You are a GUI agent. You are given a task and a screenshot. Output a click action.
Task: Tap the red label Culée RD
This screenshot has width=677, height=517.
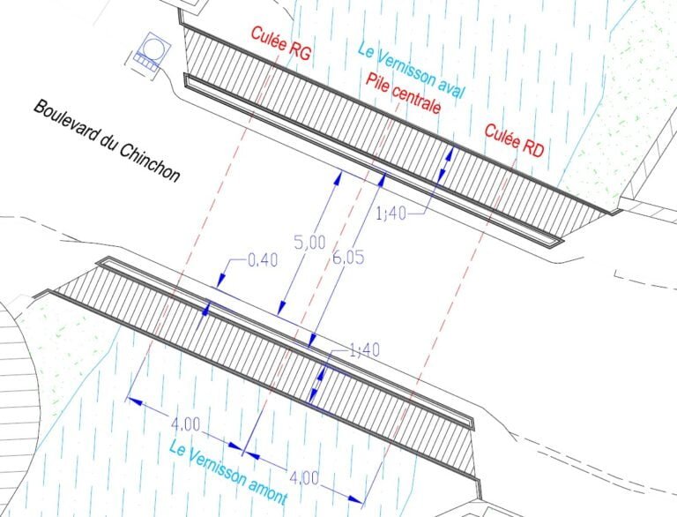[514, 140]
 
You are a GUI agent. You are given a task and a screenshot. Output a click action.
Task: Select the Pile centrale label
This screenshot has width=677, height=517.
[403, 94]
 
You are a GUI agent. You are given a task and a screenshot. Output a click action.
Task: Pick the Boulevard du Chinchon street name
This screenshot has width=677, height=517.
[106, 140]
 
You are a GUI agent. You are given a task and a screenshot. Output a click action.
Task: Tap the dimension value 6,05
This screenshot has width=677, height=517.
[347, 257]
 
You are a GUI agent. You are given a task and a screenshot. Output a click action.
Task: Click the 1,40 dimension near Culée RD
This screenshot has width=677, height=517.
[392, 213]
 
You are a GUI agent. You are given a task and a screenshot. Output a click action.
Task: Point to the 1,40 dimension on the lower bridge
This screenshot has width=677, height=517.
[361, 350]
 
